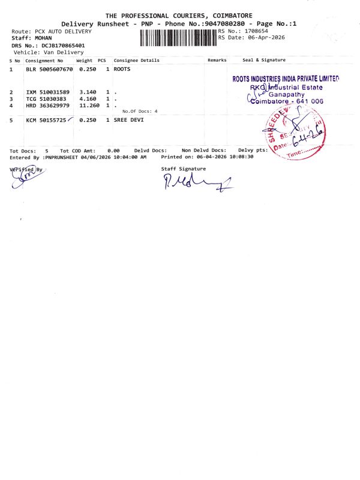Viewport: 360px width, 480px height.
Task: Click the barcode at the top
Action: (178, 38)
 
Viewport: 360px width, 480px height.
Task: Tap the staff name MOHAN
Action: (40, 38)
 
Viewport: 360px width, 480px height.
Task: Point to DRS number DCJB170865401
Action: (56, 45)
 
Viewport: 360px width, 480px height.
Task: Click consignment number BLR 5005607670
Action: (49, 70)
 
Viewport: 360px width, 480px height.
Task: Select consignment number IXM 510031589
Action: (48, 92)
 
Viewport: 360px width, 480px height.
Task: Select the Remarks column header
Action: (217, 60)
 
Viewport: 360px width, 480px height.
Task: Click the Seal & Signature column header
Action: (264, 60)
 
